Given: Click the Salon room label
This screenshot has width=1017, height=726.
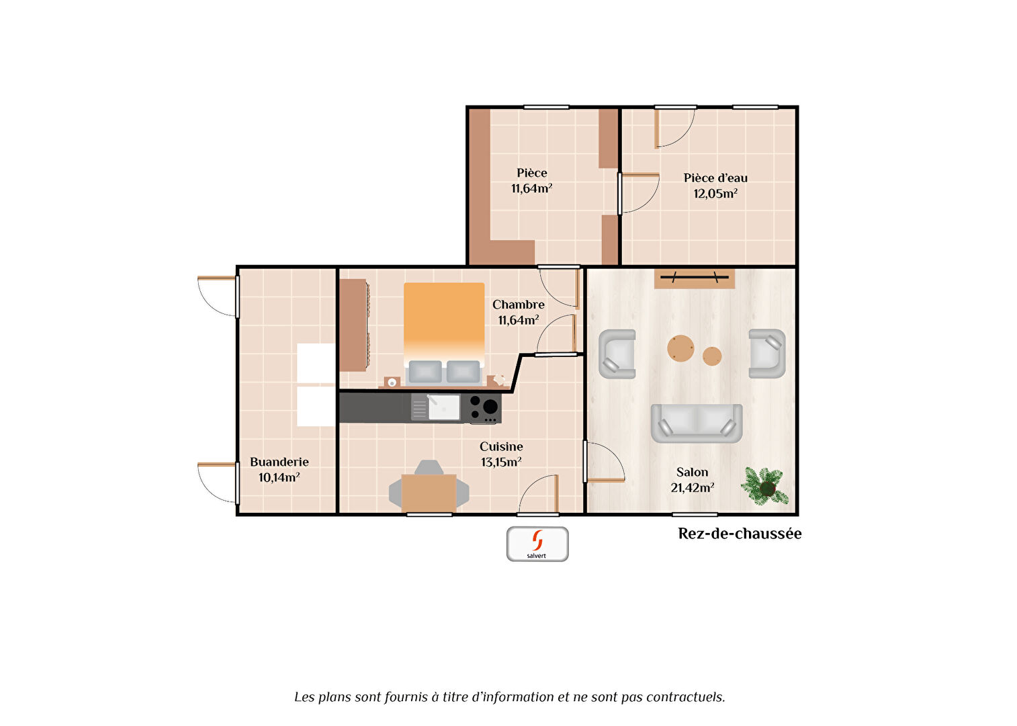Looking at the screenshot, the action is (x=692, y=473).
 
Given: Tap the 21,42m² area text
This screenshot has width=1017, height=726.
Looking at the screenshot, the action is (x=693, y=487).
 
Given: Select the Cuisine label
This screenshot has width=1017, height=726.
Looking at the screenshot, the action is (x=501, y=446).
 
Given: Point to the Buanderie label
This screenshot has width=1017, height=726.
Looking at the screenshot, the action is (x=279, y=462).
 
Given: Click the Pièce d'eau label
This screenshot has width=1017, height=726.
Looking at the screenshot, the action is (x=715, y=177).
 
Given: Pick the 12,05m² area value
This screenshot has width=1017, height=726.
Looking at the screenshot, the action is (x=715, y=194).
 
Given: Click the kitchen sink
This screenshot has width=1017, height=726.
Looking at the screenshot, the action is (x=443, y=407).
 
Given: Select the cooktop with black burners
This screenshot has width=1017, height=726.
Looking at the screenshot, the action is (x=484, y=408).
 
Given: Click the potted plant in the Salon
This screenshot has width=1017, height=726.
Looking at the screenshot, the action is (x=766, y=486).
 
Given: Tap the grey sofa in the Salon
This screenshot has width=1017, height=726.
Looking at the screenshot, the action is (x=697, y=423).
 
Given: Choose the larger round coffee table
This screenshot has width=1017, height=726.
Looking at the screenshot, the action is (x=680, y=348).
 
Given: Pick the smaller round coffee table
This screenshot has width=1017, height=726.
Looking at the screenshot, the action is (x=712, y=356).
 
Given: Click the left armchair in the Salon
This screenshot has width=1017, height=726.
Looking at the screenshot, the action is (x=617, y=354).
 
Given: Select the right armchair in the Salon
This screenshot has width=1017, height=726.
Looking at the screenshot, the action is (x=767, y=354).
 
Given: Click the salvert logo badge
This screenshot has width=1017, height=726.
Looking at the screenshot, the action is (x=537, y=544).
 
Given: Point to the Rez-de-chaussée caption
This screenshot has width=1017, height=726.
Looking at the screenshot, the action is (x=740, y=533).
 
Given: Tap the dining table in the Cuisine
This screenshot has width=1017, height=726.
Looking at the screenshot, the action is (x=429, y=493).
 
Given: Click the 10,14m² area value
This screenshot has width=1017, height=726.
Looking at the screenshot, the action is (x=279, y=477).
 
